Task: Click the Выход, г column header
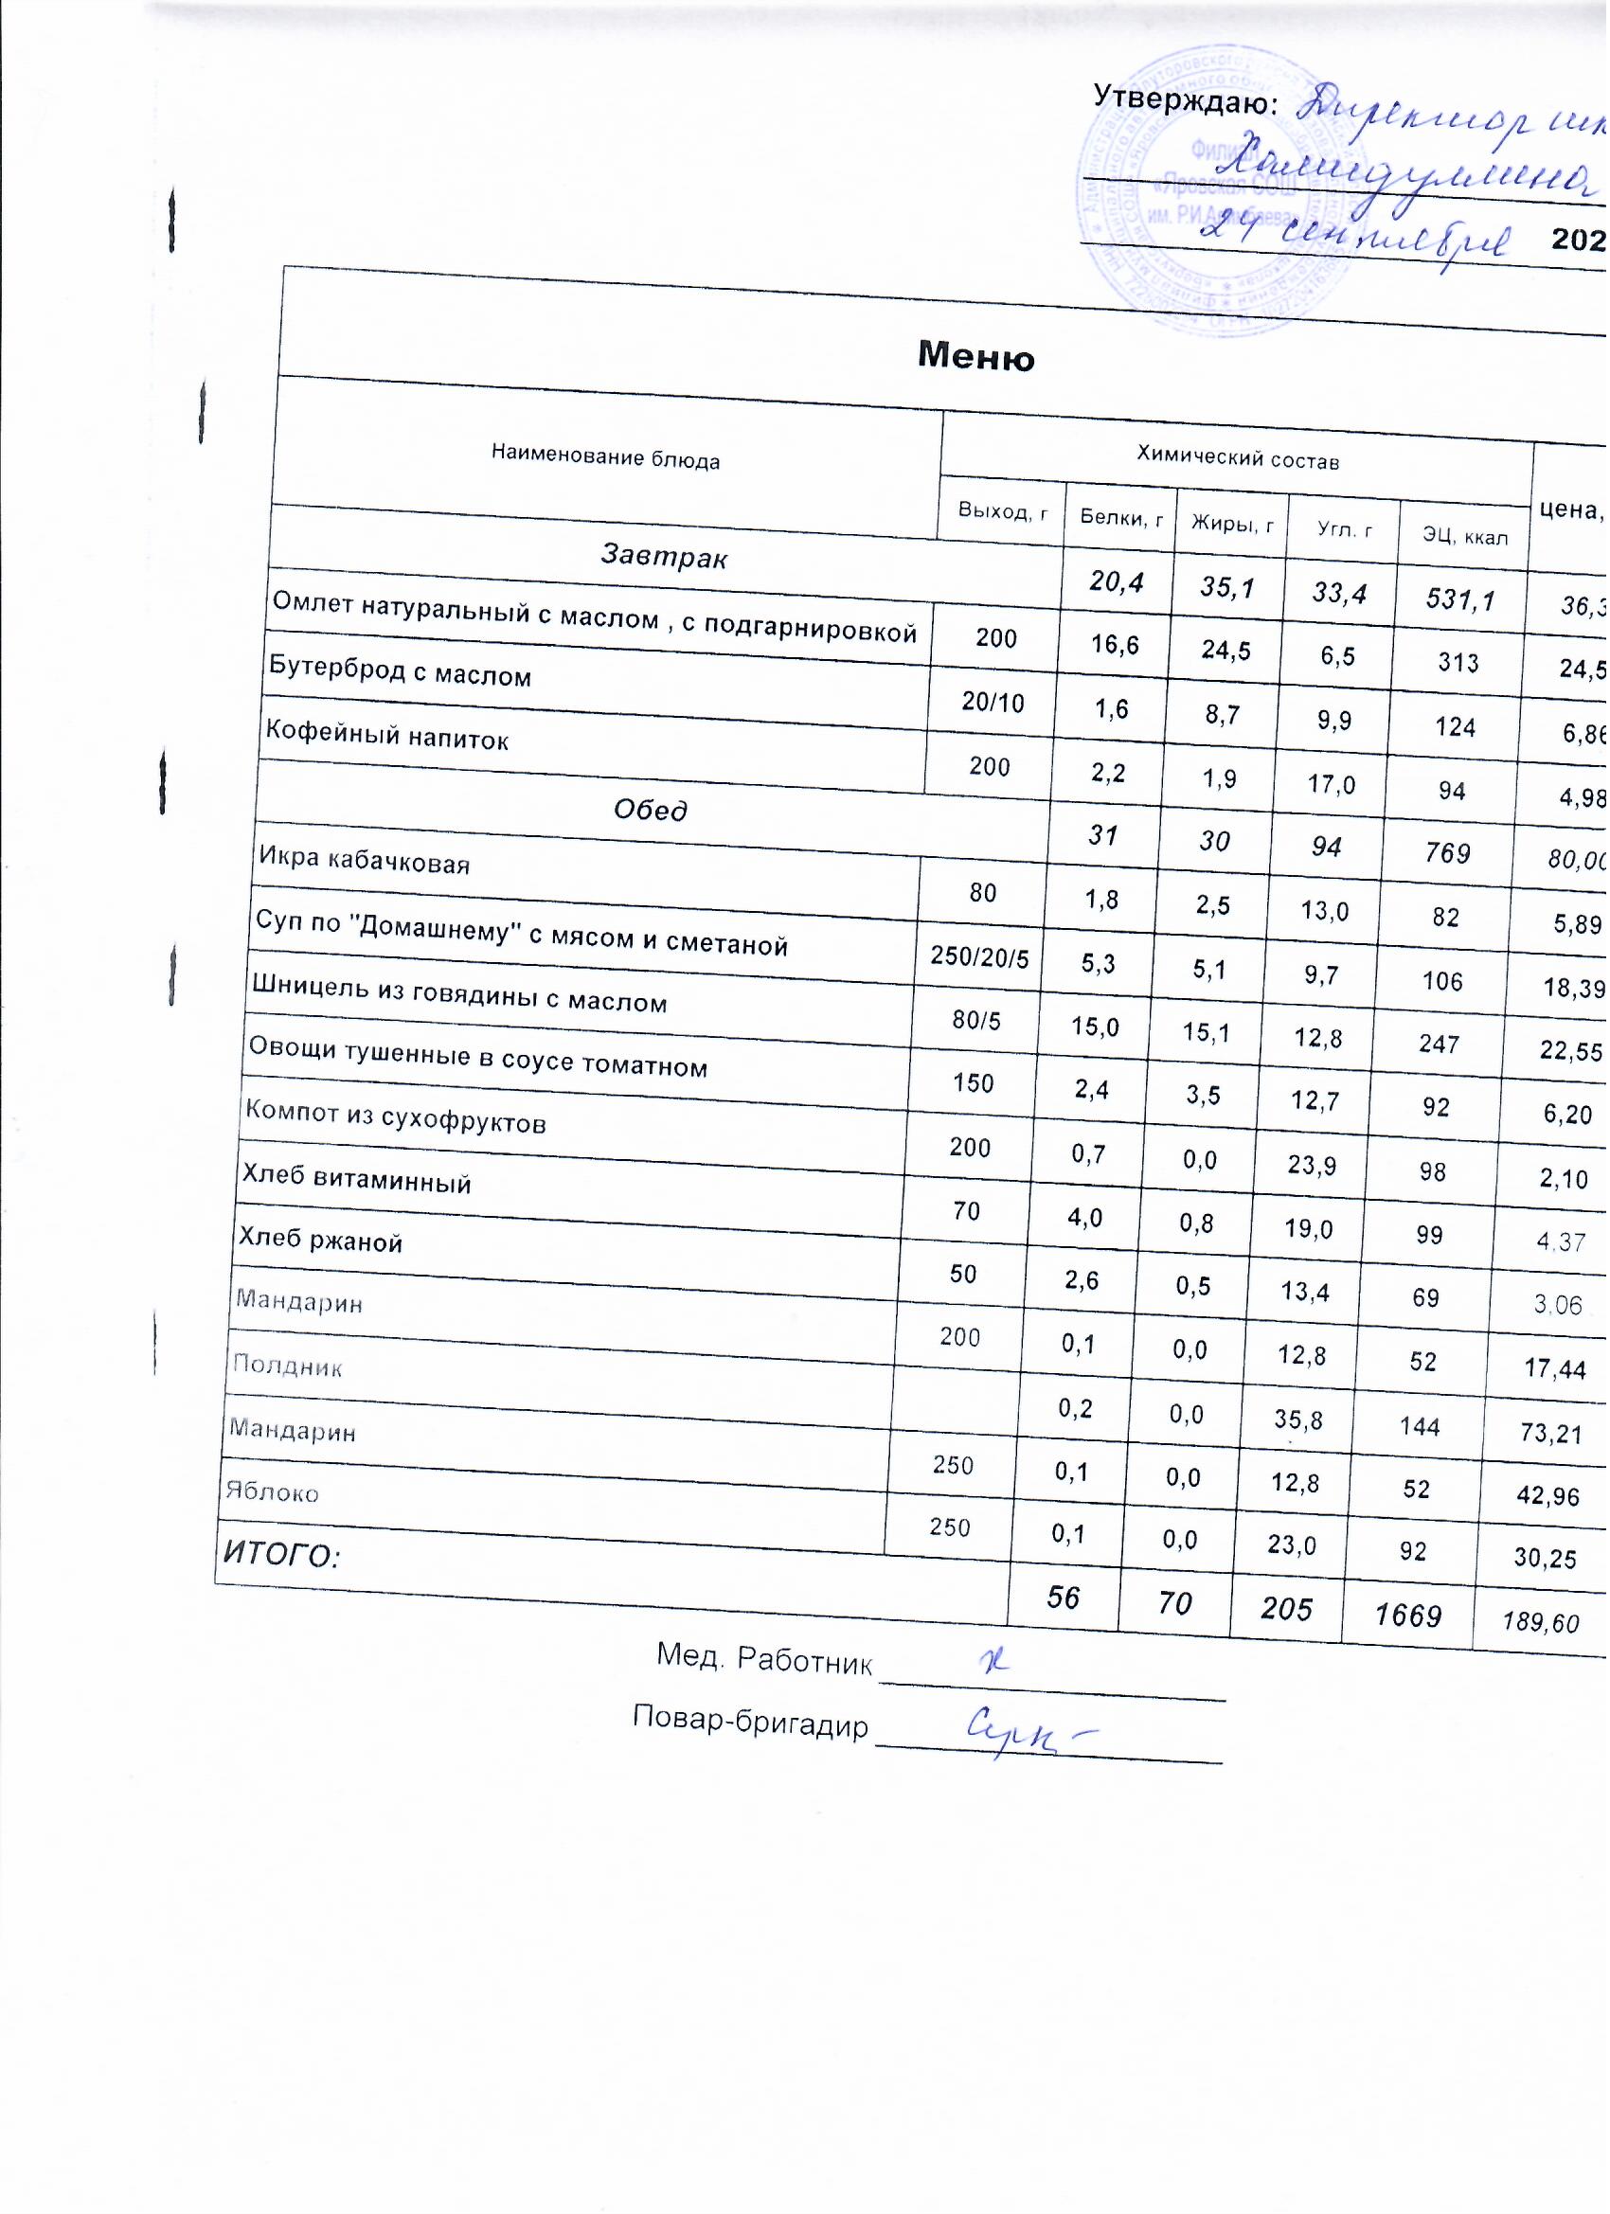[1004, 510]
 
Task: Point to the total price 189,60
[1543, 1623]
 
